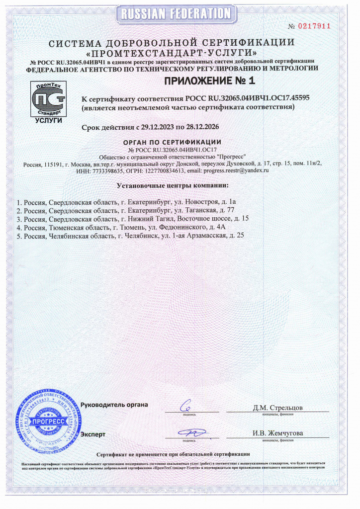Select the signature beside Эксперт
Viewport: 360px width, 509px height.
[190, 432]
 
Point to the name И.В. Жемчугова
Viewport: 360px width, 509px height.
[277, 433]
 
